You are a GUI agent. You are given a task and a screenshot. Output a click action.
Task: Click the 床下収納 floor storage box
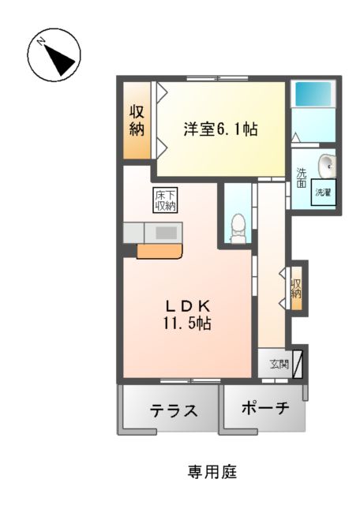164,200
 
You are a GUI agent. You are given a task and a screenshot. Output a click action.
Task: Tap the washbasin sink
328,166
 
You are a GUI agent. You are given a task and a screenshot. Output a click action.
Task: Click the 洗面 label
301,178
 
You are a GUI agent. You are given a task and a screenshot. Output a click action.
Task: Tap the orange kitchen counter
159,251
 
